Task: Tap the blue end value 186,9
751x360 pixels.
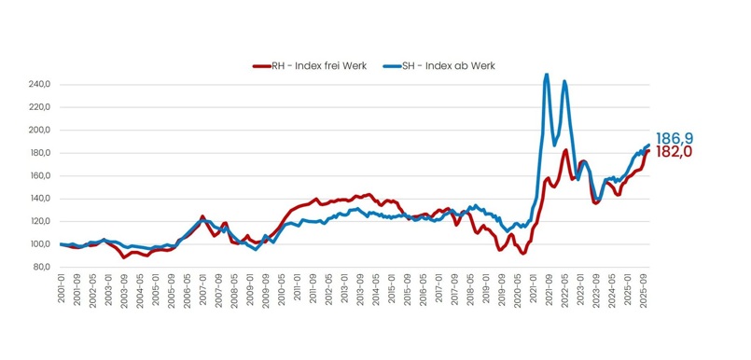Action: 673,137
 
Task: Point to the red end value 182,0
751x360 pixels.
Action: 673,151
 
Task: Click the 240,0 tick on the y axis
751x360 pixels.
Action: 39,84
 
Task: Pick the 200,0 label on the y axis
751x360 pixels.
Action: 39,130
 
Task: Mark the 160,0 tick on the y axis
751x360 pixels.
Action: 39,175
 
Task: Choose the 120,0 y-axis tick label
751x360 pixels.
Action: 39,221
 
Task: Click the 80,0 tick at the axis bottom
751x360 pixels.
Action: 41,267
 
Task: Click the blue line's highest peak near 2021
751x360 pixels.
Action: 547,75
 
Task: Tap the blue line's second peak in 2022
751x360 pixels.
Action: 564,82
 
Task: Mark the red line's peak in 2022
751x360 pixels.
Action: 565,150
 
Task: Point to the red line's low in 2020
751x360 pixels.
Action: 523,253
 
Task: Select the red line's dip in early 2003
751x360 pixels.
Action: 124,257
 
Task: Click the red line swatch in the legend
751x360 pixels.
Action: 261,65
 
